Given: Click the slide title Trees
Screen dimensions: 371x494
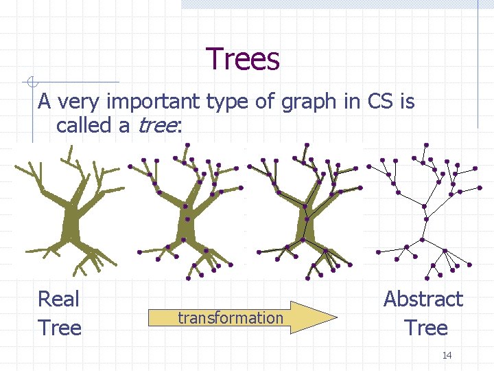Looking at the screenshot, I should pyautogui.click(x=242, y=59).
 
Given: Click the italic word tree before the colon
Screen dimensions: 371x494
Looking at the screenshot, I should pyautogui.click(x=157, y=126).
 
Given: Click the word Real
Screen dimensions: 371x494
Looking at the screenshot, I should pyautogui.click(x=59, y=300).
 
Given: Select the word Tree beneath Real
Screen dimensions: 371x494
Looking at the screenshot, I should pyautogui.click(x=60, y=328).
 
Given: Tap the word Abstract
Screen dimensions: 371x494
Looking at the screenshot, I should pyautogui.click(x=423, y=300).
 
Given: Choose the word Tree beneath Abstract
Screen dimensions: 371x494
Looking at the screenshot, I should pyautogui.click(x=425, y=328).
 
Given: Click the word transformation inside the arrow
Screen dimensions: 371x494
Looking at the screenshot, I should pyautogui.click(x=230, y=317).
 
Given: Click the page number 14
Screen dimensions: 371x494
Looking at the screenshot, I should pyautogui.click(x=447, y=355).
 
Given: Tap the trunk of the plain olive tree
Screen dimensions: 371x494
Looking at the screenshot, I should pyautogui.click(x=69, y=223).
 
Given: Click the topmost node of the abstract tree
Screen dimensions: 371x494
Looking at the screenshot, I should pyautogui.click(x=426, y=145).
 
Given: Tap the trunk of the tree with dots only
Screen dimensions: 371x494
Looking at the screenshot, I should pyautogui.click(x=187, y=223).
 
